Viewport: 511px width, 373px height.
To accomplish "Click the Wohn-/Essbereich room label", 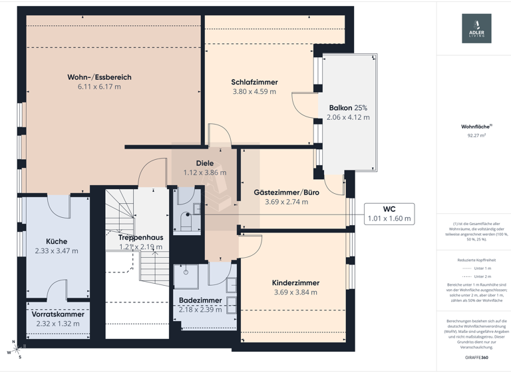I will coord(99,77).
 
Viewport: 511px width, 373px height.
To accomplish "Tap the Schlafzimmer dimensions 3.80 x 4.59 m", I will coord(254,92).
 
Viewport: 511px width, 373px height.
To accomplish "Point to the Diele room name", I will coord(204,163).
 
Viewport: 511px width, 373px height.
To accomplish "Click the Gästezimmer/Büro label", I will coord(287,192).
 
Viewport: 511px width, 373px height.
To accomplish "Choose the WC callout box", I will coord(389,213).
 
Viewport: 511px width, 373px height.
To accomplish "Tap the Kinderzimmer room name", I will coord(295,283).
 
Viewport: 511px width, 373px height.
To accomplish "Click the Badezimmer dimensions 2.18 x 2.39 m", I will coord(200,310).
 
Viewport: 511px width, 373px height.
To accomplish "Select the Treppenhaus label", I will coord(140,237).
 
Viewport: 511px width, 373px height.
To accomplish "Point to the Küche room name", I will coord(57,242).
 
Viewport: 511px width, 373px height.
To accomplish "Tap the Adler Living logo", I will coord(476,29).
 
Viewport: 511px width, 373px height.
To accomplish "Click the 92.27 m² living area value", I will coord(476,135).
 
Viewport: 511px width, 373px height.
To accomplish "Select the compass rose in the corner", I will coord(13,350).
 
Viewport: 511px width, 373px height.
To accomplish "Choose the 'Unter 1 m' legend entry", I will coord(476,268).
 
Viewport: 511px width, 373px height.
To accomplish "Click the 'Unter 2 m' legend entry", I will coord(476,276).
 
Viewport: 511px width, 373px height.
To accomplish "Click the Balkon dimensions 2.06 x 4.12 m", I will coord(348,117).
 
